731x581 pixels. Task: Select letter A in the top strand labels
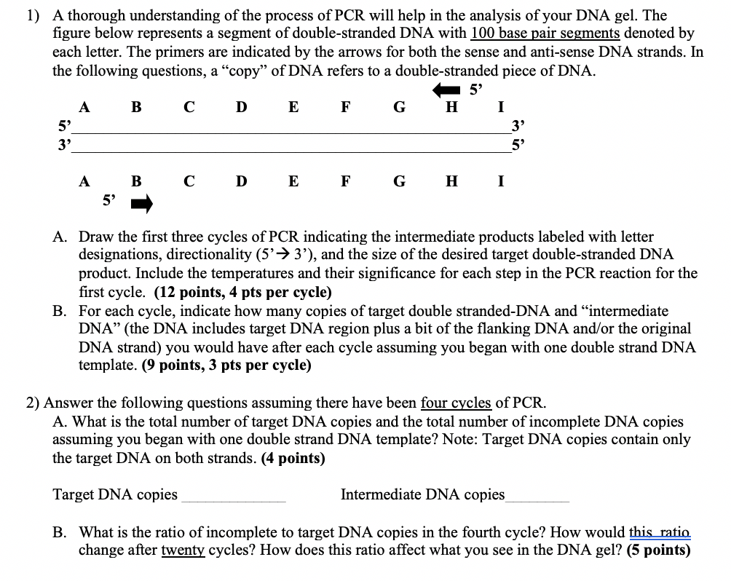[84, 108]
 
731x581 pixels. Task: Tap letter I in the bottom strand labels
[499, 181]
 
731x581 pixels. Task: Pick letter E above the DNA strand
[293, 108]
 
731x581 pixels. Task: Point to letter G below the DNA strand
[399, 181]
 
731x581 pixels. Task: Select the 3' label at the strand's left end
[64, 143]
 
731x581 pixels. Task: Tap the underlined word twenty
[183, 550]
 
